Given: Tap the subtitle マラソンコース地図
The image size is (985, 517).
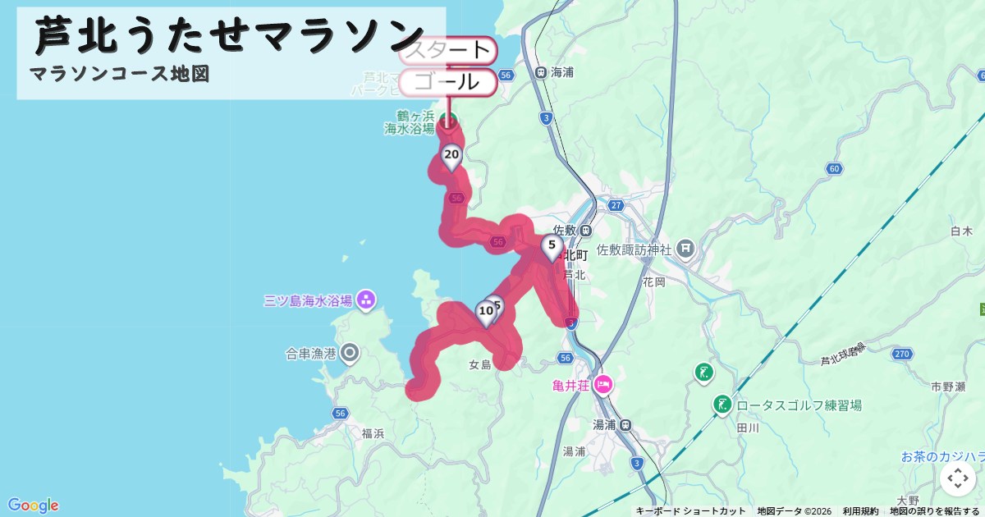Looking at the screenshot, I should click(120, 74).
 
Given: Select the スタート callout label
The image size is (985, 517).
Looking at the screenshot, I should click(448, 51).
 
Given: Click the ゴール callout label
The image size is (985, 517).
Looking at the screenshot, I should click(448, 82).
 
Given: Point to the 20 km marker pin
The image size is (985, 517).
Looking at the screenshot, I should click(451, 155).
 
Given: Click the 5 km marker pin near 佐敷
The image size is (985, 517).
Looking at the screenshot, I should click(552, 246).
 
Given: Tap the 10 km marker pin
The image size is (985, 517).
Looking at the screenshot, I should click(486, 313).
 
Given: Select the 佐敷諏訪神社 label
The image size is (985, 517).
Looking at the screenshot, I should click(635, 249).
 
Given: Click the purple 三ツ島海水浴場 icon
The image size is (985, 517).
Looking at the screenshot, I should click(366, 300).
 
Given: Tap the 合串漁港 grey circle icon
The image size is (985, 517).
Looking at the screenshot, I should click(350, 354).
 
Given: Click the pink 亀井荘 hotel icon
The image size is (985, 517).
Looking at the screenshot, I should click(603, 384).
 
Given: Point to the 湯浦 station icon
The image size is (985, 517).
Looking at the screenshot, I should click(625, 424).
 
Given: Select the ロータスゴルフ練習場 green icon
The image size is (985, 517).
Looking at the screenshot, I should click(722, 405).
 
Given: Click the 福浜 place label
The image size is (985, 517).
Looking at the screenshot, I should click(373, 433).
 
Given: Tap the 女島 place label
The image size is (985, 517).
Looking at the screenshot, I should click(479, 365).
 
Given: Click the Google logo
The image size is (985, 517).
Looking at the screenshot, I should click(33, 505).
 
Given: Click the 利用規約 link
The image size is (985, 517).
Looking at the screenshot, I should click(860, 511).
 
